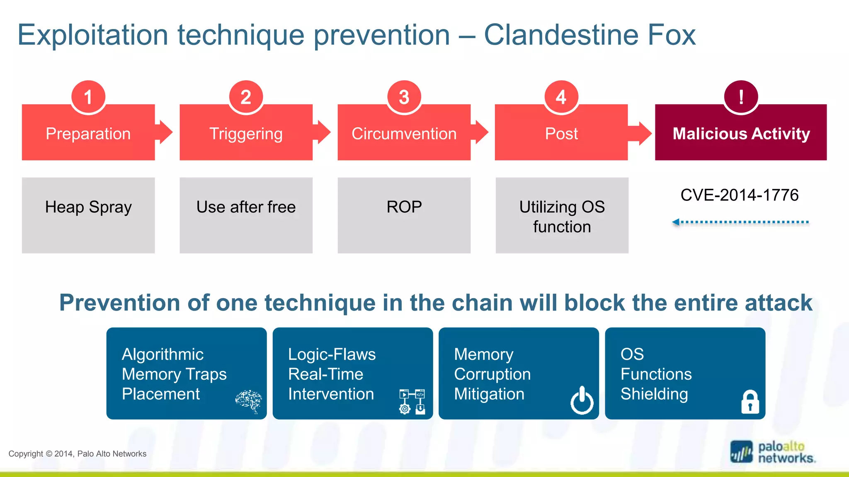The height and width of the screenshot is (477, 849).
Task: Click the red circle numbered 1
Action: point(88,97)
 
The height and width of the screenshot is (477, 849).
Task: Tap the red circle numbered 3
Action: point(404,97)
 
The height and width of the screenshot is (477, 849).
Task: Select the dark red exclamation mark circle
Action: point(741,97)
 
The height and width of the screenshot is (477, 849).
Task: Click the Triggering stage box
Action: point(246,133)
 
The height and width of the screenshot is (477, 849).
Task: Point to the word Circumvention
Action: point(404,134)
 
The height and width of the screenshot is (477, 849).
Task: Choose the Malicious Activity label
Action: point(741,134)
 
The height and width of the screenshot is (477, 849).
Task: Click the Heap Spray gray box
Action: point(88,215)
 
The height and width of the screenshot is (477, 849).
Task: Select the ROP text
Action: point(404,207)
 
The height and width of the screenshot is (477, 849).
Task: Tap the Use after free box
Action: point(246,215)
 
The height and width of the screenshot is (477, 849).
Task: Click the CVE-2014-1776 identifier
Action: point(739,195)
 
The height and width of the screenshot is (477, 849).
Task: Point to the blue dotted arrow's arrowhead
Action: point(676,222)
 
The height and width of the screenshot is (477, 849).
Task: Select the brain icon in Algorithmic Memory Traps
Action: point(249,401)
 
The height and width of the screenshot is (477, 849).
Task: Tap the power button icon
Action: point(582,400)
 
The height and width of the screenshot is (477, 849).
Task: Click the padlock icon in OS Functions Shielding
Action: point(750,402)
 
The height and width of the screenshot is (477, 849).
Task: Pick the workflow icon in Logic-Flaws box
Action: point(412,401)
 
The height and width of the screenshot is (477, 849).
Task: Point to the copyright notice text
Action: point(78,454)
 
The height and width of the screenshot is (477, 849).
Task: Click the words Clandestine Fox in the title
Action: point(589,35)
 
